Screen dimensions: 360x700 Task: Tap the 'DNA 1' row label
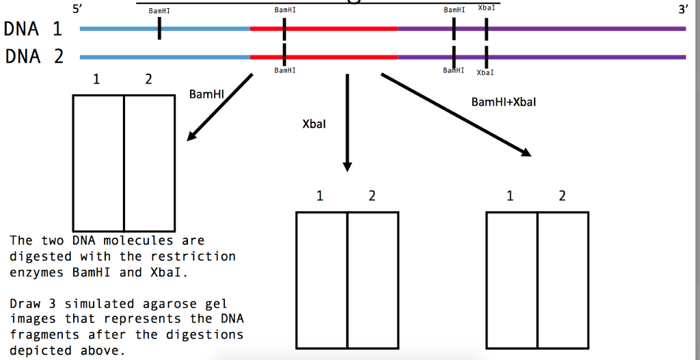33,29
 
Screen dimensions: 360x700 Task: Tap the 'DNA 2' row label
33,56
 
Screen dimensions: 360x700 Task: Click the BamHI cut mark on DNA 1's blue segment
159,29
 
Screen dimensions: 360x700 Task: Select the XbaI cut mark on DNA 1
486,29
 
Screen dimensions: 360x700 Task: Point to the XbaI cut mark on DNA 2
486,56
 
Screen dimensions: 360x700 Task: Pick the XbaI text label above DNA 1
487,8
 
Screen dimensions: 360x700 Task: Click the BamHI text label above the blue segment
159,11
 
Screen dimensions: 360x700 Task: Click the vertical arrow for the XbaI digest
347,123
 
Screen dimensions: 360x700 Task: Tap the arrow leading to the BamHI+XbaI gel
456,115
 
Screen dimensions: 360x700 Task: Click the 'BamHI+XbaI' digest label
504,102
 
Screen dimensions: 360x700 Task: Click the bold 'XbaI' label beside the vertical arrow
314,125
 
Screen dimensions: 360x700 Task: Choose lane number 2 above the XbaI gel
372,197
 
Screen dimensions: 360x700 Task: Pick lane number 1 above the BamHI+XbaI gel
510,197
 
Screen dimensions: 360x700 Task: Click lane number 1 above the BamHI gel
96,80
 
